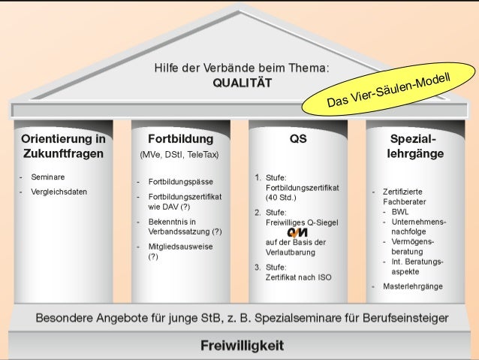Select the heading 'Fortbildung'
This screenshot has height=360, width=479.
[180, 139]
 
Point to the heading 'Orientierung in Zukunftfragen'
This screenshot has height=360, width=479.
[62, 147]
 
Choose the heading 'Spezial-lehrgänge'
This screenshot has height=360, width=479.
[415, 147]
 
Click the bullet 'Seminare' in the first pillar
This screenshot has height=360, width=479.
[47, 177]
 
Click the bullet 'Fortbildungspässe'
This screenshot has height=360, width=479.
[180, 182]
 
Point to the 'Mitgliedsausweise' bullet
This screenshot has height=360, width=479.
[179, 246]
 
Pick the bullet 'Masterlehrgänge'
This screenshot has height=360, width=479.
[412, 286]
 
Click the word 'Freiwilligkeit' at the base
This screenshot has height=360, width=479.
[242, 345]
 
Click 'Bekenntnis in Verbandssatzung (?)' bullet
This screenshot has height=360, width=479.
[185, 226]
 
